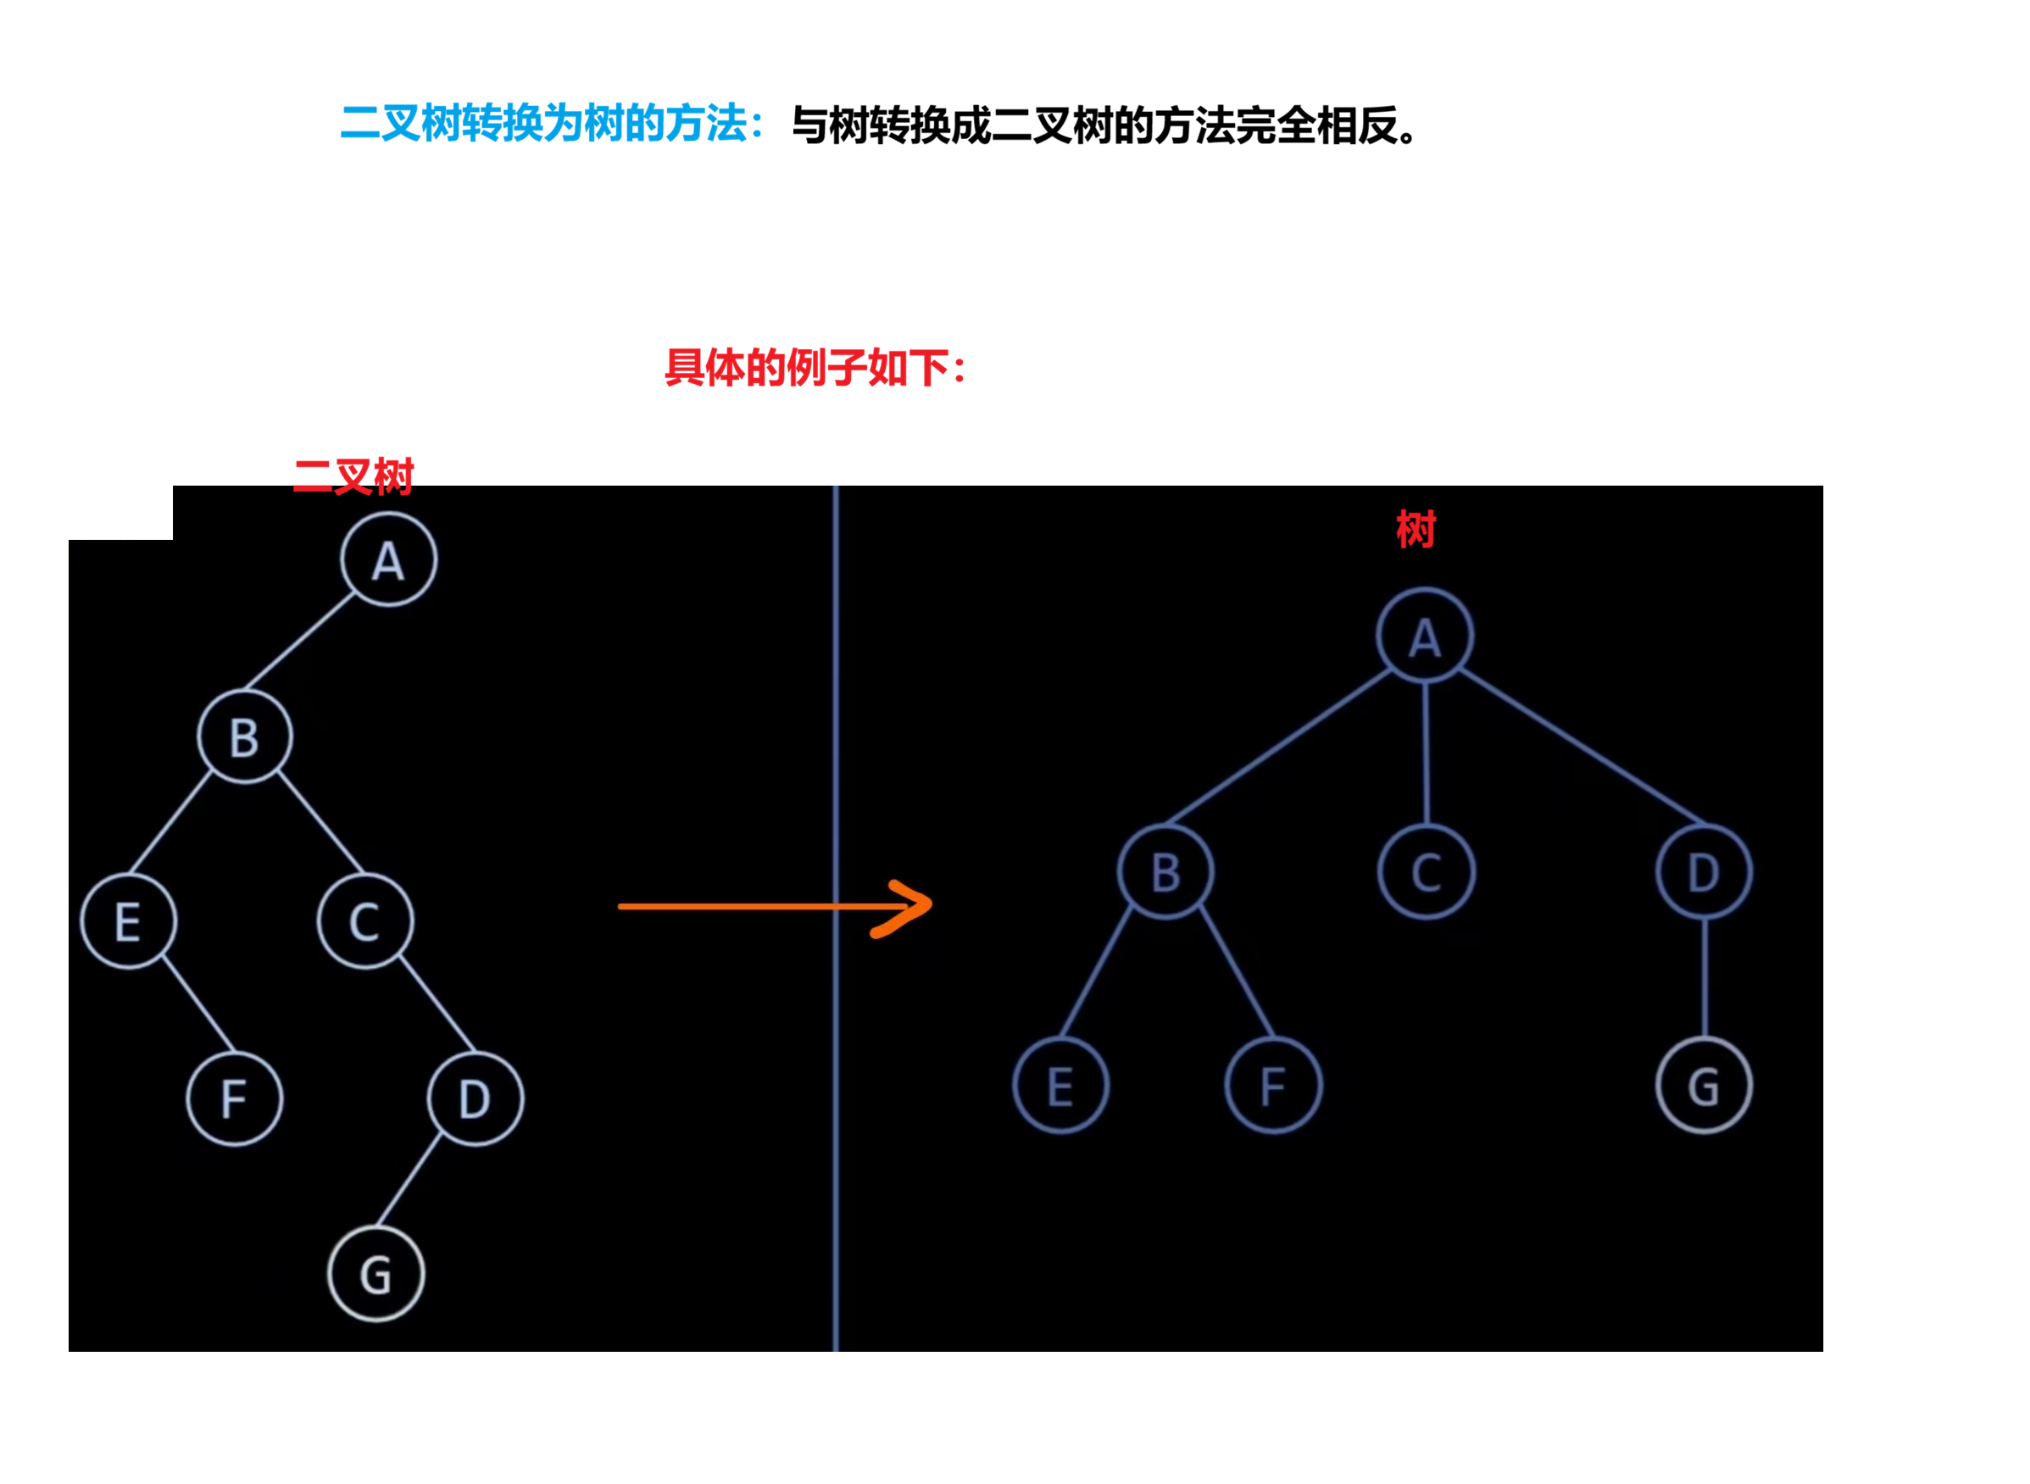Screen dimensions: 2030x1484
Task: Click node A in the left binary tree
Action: click(x=388, y=560)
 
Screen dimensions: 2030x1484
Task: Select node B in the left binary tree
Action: click(x=244, y=737)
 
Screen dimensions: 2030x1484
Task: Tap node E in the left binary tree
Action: click(x=129, y=921)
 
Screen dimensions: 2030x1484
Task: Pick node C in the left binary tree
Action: click(x=364, y=921)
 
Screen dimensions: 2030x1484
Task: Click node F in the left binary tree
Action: click(x=235, y=1098)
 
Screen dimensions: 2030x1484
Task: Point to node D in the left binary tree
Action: click(x=476, y=1098)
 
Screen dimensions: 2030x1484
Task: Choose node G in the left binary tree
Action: click(x=375, y=1275)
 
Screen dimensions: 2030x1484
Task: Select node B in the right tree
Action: click(x=1165, y=872)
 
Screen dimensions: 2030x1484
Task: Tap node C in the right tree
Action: click(x=1426, y=872)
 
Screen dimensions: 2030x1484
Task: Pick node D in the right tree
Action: click(x=1703, y=872)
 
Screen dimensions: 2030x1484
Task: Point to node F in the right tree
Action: click(x=1273, y=1086)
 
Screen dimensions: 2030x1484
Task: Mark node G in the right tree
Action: click(x=1703, y=1086)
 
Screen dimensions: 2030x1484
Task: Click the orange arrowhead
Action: click(x=912, y=906)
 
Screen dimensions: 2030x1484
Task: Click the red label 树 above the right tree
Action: click(x=1415, y=529)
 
